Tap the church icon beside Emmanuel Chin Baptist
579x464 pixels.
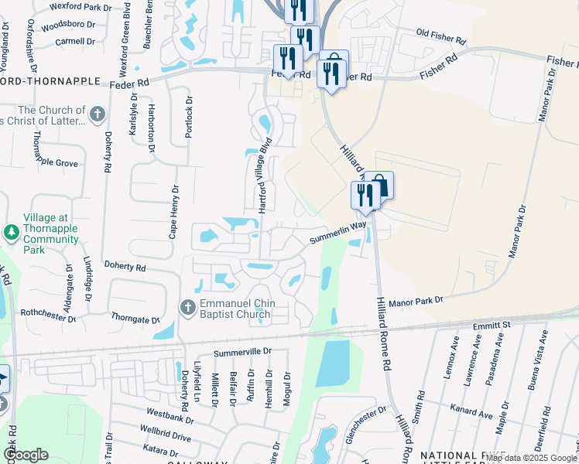pos(187,308)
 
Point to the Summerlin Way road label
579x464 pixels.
pos(337,234)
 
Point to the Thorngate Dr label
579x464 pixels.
pos(134,319)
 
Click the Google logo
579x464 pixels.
pos(26,455)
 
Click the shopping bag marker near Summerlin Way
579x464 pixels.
pos(379,186)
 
